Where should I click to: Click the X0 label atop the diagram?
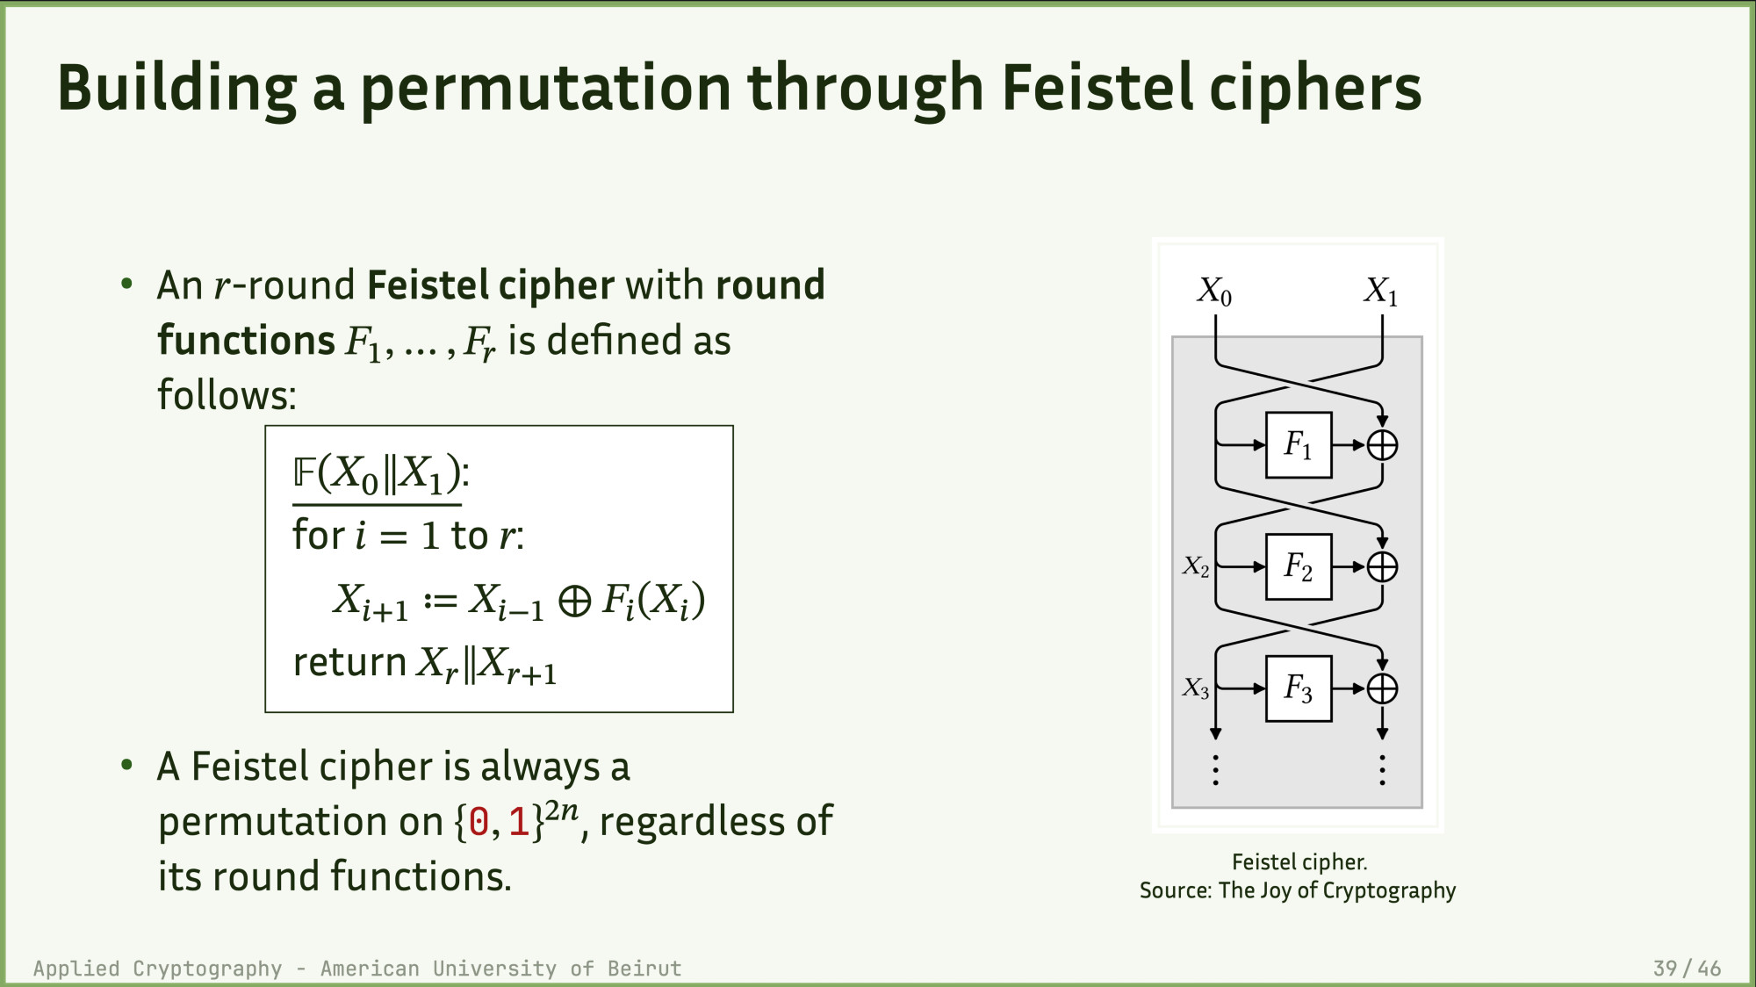(x=1215, y=291)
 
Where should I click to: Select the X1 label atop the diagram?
(x=1381, y=291)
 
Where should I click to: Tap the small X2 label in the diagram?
(x=1196, y=566)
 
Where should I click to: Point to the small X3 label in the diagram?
(x=1196, y=688)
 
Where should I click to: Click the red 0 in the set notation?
(x=479, y=822)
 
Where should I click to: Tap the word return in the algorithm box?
(x=349, y=663)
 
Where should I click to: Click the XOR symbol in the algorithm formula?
(x=574, y=602)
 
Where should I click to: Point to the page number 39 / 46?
(x=1687, y=968)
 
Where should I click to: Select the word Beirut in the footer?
(x=644, y=969)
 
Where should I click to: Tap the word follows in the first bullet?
(x=227, y=395)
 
